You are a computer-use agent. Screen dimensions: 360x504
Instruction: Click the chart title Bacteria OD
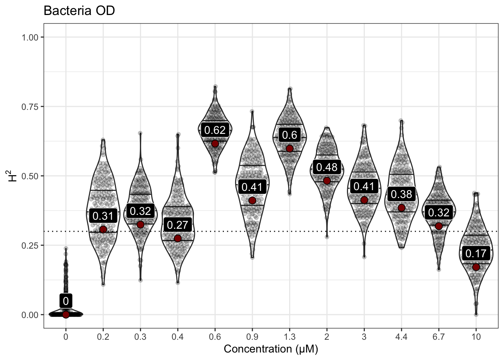[x=79, y=10]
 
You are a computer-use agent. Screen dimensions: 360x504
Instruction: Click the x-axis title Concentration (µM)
[x=271, y=349]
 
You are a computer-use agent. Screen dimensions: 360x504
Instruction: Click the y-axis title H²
[x=13, y=175]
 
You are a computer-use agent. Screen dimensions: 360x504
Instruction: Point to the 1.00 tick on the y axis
[x=30, y=37]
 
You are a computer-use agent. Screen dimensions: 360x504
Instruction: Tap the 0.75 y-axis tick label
[x=30, y=106]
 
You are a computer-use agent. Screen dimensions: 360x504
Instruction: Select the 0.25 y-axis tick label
[x=30, y=245]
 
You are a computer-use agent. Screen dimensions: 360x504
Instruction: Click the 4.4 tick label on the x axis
[x=401, y=337]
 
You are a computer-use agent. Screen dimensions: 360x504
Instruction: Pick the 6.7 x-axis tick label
[x=438, y=337]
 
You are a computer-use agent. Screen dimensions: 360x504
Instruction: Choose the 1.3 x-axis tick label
[x=289, y=337]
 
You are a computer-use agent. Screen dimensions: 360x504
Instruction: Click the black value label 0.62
[x=215, y=130]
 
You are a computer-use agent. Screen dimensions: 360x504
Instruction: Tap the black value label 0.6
[x=289, y=135]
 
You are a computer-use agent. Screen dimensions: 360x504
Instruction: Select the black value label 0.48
[x=327, y=167]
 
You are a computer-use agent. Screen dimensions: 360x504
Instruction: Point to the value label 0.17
[x=476, y=253]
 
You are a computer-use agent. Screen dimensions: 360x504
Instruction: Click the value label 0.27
[x=177, y=225]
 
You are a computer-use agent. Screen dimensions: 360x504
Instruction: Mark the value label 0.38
[x=401, y=194]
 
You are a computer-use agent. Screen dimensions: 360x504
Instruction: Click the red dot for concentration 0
[x=66, y=315]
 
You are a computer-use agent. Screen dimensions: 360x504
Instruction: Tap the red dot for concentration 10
[x=476, y=267]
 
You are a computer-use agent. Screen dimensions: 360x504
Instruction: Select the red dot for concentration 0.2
[x=103, y=229]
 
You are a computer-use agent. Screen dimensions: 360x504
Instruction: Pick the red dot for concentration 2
[x=327, y=181]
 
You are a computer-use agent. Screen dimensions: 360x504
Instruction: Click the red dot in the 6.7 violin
[x=439, y=226]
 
